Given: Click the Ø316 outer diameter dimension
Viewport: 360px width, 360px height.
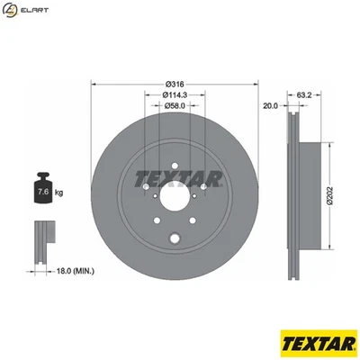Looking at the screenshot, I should point(175,84).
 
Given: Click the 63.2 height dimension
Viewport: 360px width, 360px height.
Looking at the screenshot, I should point(303,93).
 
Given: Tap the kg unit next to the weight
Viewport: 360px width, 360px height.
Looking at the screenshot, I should point(59,193).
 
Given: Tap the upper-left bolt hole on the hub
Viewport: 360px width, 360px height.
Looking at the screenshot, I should point(146,187).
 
